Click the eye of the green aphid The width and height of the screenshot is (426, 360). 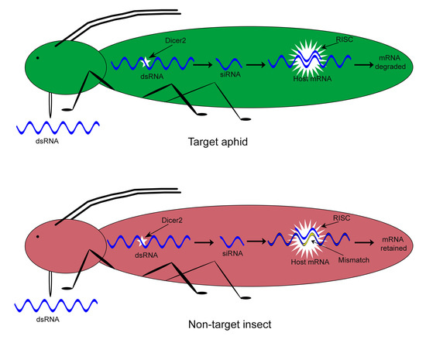click(x=37, y=57)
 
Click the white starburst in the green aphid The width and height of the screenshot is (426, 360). click(x=307, y=60)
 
